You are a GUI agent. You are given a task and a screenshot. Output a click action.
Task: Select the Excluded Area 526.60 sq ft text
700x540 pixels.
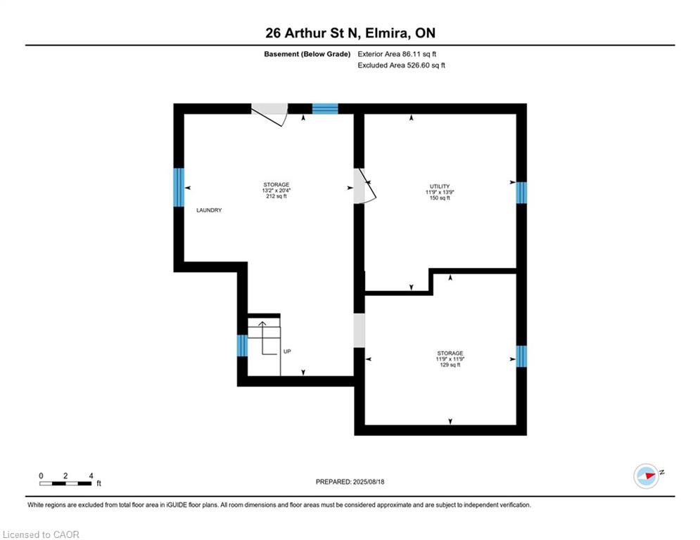tap(402, 65)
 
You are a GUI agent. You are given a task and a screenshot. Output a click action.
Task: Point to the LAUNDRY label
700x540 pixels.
tap(210, 210)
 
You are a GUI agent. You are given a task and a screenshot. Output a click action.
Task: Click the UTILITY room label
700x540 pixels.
tap(440, 186)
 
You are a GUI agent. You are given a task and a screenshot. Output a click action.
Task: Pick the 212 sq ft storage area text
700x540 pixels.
tap(276, 197)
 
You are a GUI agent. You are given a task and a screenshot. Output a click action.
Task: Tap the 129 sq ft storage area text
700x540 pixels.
tap(450, 365)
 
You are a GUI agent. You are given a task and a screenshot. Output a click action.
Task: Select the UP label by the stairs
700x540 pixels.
tap(287, 351)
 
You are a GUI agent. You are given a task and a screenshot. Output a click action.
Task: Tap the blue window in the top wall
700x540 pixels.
tap(325, 108)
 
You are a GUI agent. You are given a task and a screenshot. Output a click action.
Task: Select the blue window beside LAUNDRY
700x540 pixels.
tap(179, 188)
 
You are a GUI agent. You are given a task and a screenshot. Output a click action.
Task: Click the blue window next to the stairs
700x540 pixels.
tap(242, 345)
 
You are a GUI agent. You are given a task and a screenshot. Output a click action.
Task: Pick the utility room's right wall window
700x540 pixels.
tap(521, 193)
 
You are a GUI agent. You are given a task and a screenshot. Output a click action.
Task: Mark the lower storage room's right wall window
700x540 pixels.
tap(521, 356)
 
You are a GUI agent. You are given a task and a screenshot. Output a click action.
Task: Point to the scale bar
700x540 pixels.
tap(65, 483)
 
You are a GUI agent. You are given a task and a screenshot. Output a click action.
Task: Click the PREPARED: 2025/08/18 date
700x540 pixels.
tap(350, 482)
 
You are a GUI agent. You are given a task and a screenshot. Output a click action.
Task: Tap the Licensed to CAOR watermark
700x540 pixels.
tap(42, 534)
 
